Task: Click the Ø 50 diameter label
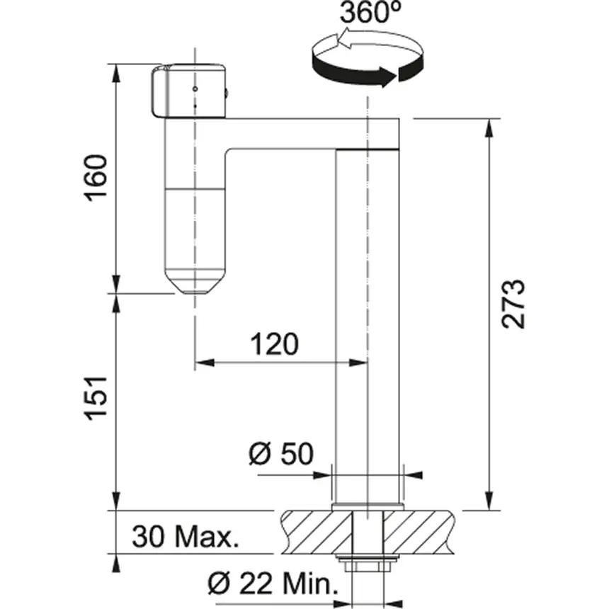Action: coord(281,453)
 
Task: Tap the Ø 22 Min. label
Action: coord(271,585)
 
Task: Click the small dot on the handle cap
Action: coord(195,90)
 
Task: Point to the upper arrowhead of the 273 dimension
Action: coord(488,127)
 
